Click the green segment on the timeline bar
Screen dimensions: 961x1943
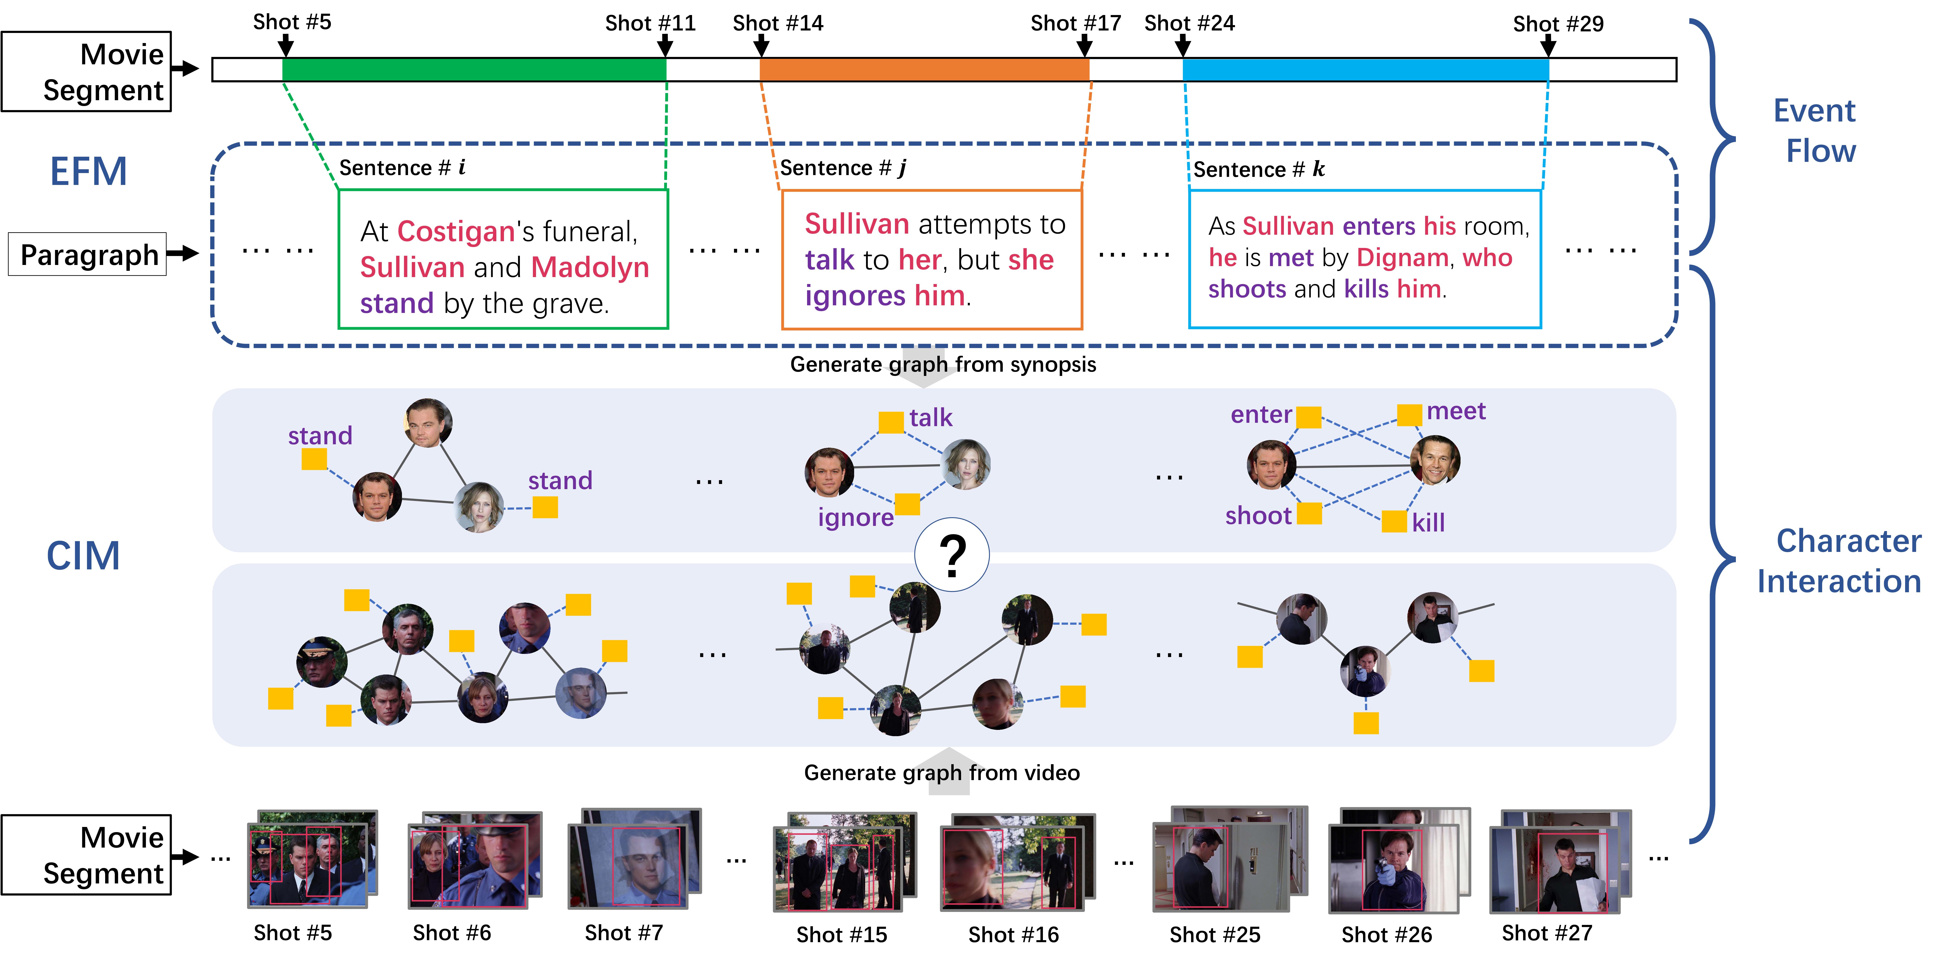pos(474,69)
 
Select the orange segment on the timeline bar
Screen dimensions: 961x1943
pos(924,69)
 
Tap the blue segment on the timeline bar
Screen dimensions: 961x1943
pos(1365,69)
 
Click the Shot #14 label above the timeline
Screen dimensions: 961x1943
pos(778,23)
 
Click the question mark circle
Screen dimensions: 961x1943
pos(952,555)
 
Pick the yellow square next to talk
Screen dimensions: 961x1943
pos(891,422)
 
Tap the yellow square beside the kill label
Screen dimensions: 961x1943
pos(1394,521)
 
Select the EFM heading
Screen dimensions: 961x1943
pos(88,171)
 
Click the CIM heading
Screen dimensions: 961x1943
pos(83,556)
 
